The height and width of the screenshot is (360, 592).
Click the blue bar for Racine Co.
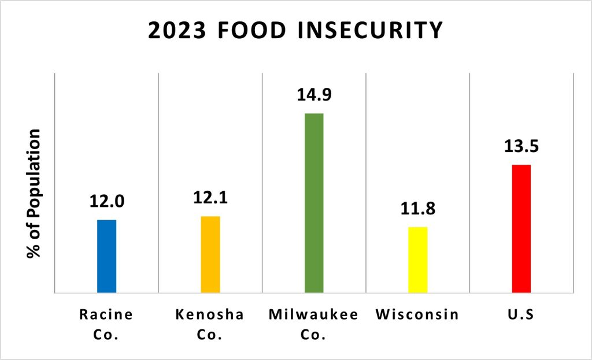[x=106, y=256]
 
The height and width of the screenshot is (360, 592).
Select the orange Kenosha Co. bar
[x=210, y=254]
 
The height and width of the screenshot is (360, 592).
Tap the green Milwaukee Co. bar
[x=314, y=202]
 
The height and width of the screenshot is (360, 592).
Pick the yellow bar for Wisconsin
[x=417, y=259]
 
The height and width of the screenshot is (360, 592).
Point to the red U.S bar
[x=521, y=228]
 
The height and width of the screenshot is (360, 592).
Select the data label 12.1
[x=211, y=198]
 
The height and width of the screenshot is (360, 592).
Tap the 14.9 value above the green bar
[x=314, y=94]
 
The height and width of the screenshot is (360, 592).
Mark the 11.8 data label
[x=417, y=208]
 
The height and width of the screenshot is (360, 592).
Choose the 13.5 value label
[x=521, y=146]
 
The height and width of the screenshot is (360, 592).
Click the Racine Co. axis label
[x=106, y=324]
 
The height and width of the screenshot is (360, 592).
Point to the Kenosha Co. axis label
[x=210, y=324]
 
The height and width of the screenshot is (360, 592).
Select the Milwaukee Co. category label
[x=313, y=324]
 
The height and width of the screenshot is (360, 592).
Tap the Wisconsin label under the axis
[x=417, y=315]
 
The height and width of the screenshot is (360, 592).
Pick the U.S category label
[x=521, y=315]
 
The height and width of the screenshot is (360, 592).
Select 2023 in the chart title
[x=175, y=31]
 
